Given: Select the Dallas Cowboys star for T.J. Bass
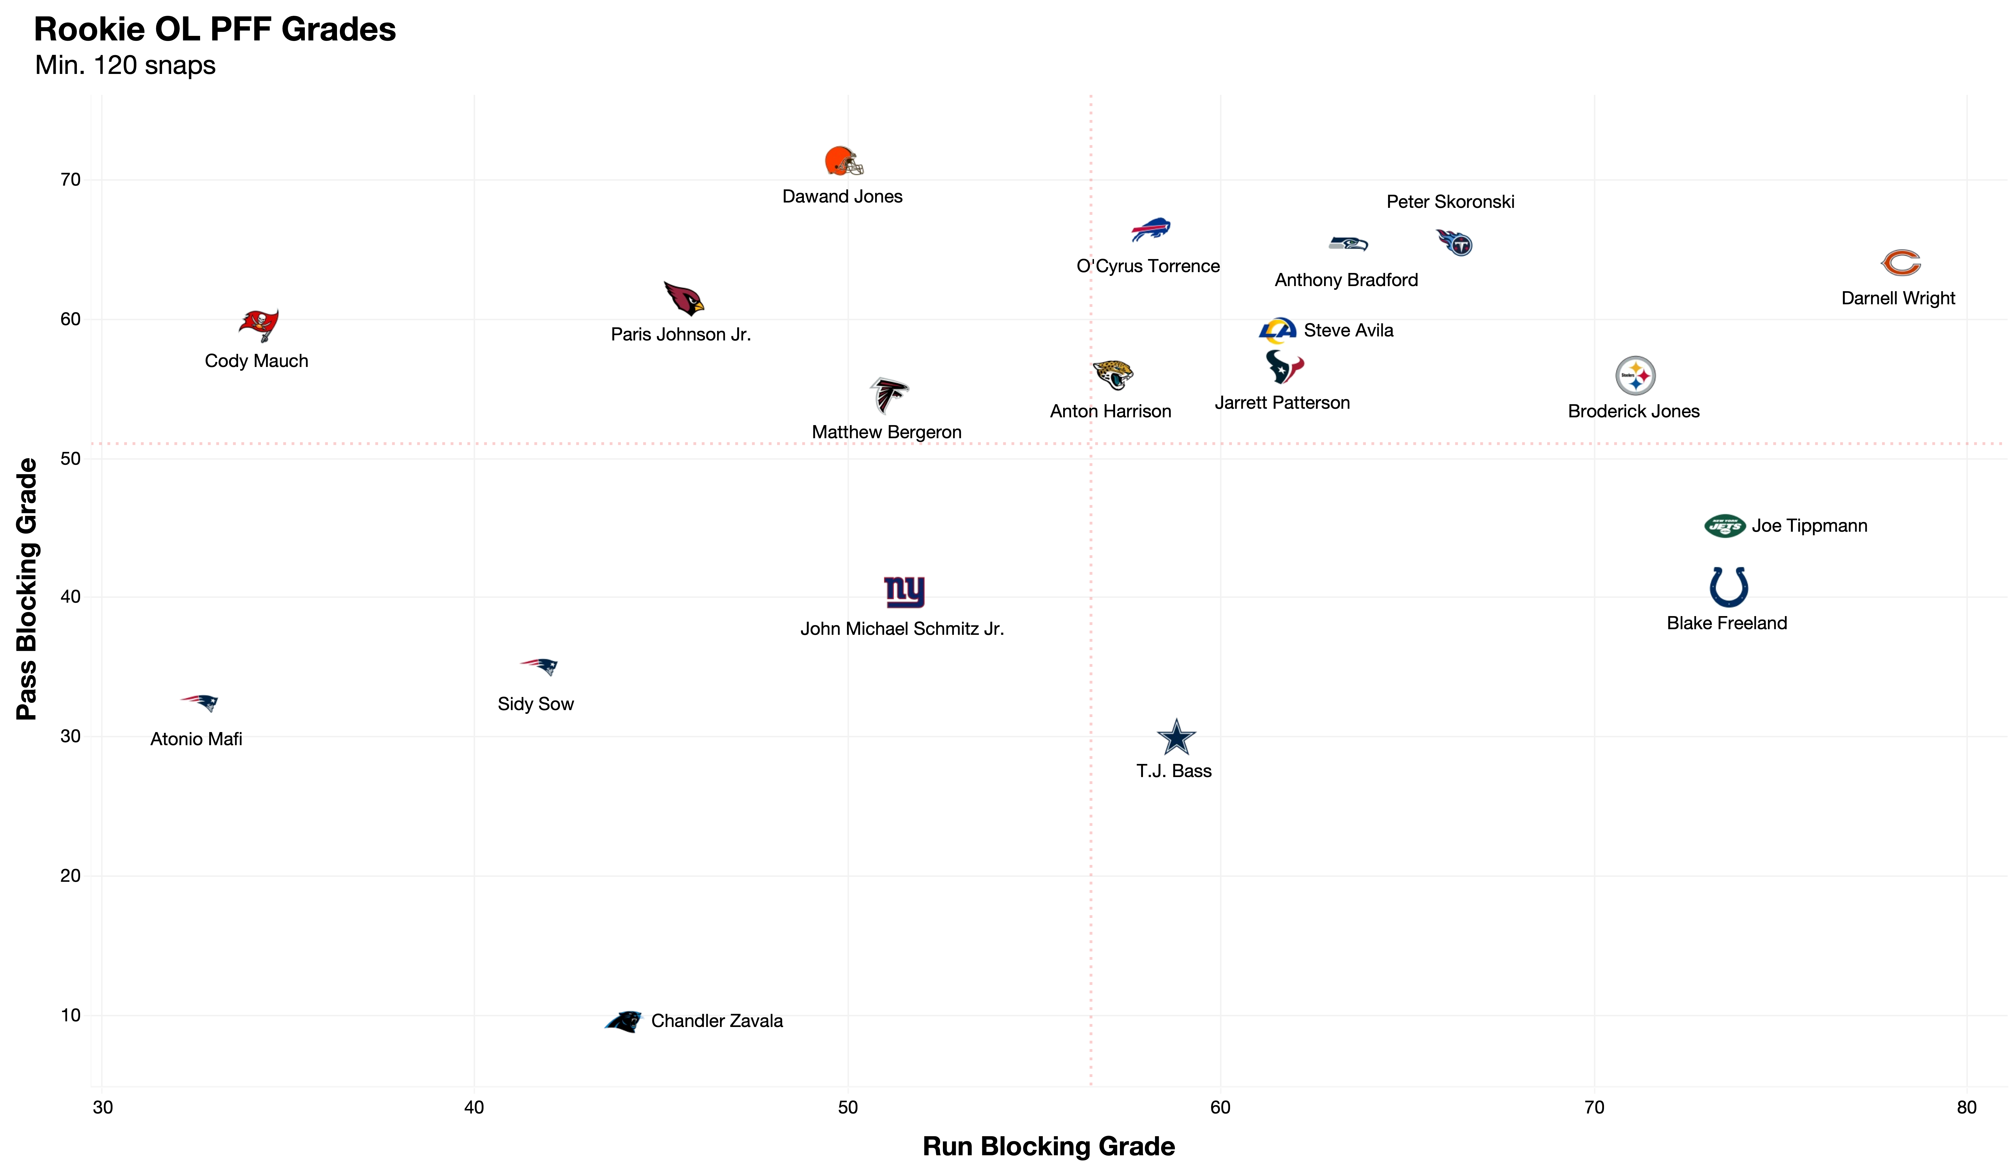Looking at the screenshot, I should [x=1176, y=737].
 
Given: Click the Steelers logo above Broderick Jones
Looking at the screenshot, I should [x=1635, y=375].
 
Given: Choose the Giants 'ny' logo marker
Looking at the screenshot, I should [x=904, y=591].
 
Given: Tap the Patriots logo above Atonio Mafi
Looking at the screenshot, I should [x=199, y=702].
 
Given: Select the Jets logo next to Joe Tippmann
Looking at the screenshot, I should [x=1725, y=526].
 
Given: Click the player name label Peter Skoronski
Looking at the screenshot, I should [x=1450, y=202].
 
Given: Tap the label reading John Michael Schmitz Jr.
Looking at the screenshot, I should [x=902, y=629].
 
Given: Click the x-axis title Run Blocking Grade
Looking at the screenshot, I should [x=1048, y=1146].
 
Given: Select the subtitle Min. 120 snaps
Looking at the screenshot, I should [x=125, y=65].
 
